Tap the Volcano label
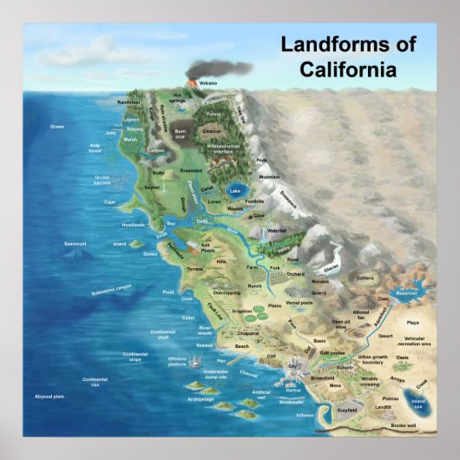(207, 82)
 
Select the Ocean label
(57, 127)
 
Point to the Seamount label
(76, 244)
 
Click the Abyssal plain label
(49, 396)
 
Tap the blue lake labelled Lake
(234, 191)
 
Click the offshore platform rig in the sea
(202, 358)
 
